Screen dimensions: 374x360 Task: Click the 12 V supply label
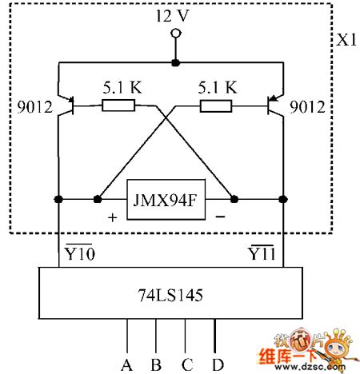tap(174, 16)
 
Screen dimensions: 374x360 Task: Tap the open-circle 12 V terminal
tap(174, 34)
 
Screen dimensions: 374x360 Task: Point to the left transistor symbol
tap(69, 105)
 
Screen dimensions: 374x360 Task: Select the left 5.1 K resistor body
tap(118, 105)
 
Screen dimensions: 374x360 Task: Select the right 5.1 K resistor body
tap(217, 105)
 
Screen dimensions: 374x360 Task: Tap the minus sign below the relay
tap(219, 217)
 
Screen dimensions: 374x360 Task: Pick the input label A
tap(126, 364)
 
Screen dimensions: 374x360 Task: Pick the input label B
tap(156, 364)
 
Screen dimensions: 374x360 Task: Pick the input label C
tap(186, 364)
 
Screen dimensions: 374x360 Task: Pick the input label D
tap(217, 364)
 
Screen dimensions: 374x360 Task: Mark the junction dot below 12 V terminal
tap(174, 62)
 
